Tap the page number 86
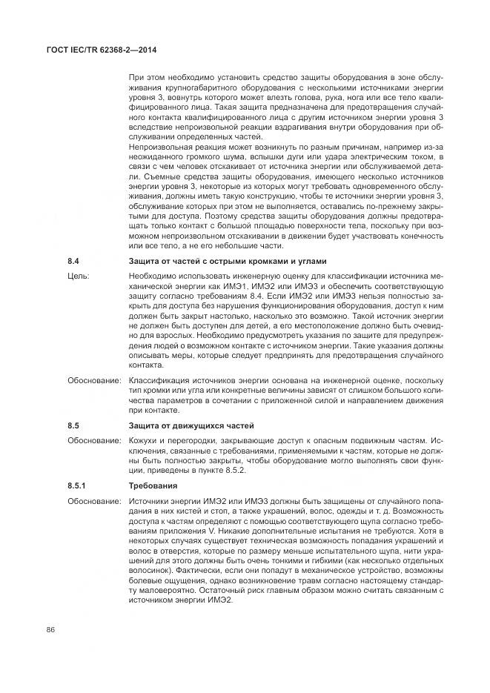52,630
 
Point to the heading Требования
153,486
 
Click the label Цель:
78,276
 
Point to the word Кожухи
145,440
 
